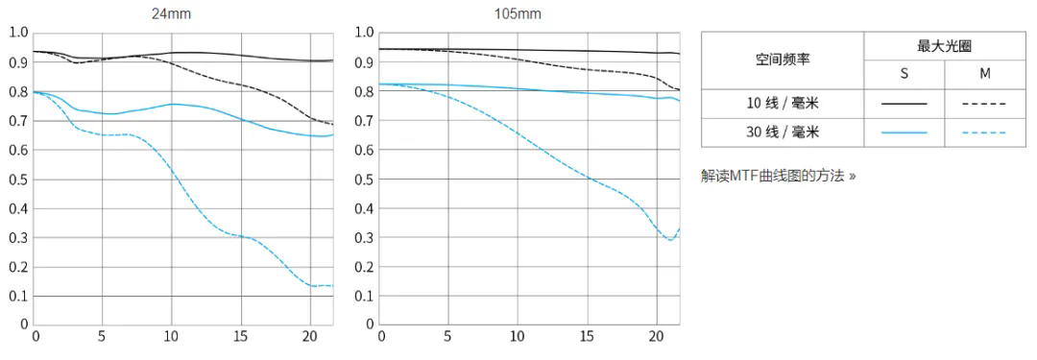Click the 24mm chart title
(174, 14)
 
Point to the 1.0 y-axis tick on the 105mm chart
(362, 33)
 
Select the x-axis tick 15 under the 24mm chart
(241, 337)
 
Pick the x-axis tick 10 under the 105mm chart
(518, 337)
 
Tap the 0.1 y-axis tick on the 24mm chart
(18, 297)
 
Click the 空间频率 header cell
(782, 60)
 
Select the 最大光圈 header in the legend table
(946, 46)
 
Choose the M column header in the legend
(984, 74)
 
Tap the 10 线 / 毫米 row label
(782, 103)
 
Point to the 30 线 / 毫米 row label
(782, 132)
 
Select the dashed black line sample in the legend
(984, 103)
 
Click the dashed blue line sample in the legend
(984, 132)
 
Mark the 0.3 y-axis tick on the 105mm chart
(362, 238)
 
